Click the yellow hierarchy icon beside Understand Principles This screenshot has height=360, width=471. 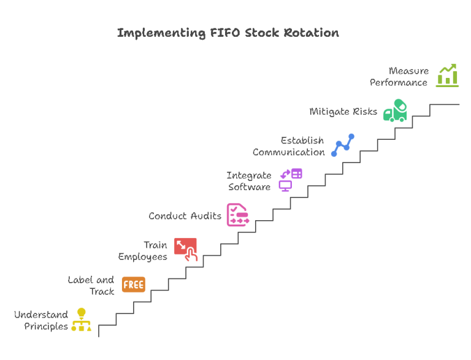(81, 320)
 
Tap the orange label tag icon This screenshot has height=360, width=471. (133, 285)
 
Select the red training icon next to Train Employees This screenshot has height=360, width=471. (186, 249)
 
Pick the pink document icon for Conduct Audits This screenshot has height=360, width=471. (237, 215)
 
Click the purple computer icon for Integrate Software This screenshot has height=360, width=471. (291, 180)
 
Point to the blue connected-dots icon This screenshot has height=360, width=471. (343, 145)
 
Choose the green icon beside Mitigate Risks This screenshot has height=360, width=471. (396, 110)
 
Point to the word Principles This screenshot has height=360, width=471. (46, 326)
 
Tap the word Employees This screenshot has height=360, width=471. (142, 256)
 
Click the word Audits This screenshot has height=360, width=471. (205, 216)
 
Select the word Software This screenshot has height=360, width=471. (249, 187)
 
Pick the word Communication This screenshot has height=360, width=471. (288, 152)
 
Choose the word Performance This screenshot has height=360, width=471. (399, 82)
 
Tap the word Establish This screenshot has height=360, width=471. (302, 140)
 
